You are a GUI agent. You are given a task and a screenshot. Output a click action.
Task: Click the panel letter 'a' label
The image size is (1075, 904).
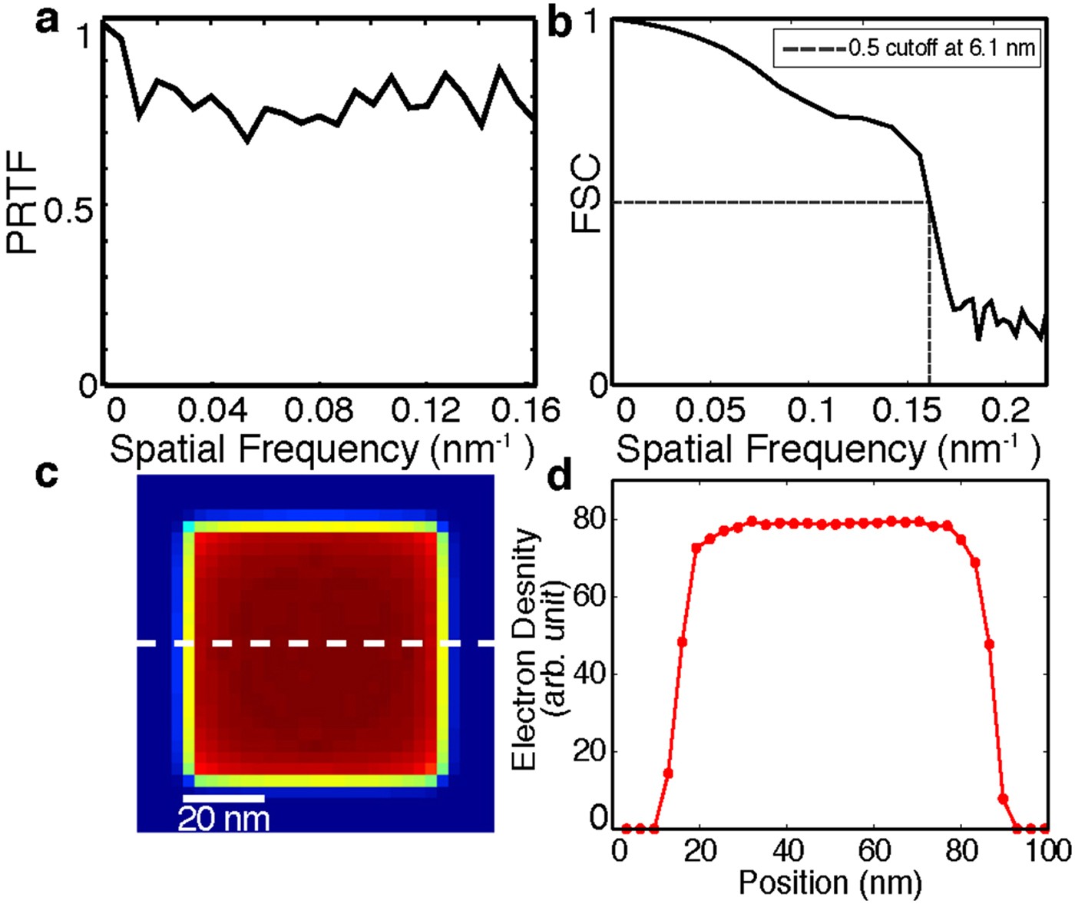(x=47, y=21)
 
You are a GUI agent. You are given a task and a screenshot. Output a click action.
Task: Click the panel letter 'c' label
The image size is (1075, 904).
(x=47, y=474)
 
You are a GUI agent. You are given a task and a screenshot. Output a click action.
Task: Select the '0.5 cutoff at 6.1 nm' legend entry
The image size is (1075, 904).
(x=908, y=48)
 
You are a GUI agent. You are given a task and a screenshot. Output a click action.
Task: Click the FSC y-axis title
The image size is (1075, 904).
(x=587, y=194)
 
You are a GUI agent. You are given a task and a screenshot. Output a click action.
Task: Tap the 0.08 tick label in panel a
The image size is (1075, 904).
(x=319, y=411)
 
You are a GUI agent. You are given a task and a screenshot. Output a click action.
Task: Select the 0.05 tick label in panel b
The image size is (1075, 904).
(x=709, y=411)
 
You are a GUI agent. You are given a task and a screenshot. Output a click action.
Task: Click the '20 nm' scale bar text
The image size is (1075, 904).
(x=223, y=819)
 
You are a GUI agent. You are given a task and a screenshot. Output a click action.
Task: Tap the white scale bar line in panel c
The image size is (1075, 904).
(x=223, y=799)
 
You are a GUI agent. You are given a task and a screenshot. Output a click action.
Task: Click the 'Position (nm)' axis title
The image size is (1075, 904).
(x=830, y=882)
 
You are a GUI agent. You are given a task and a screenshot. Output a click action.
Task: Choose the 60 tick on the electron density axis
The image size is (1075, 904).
(x=590, y=596)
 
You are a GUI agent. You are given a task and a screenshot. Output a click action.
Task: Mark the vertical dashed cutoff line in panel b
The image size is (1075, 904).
(x=930, y=307)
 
